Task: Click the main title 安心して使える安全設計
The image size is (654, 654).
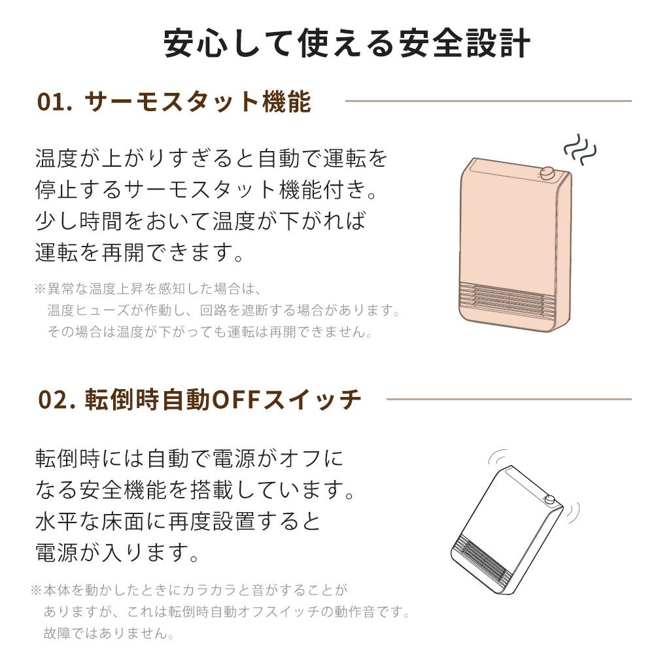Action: coord(347,43)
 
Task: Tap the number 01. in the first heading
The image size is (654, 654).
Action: coord(55,102)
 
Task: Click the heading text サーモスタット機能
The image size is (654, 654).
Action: coord(198,101)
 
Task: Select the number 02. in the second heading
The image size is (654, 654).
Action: coord(57,400)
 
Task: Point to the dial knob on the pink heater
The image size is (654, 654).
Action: coord(546,174)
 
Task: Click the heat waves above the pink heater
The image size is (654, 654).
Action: coord(580,149)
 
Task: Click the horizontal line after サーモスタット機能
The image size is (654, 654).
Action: coord(489,101)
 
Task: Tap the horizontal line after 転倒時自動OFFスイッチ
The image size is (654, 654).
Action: coord(509,399)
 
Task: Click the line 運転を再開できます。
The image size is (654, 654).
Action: coord(139,252)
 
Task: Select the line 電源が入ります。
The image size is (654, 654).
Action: coord(117,553)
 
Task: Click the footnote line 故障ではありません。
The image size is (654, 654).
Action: coord(109,634)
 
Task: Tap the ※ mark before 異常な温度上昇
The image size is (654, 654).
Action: coord(40,288)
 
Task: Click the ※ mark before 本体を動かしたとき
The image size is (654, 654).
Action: coord(36,590)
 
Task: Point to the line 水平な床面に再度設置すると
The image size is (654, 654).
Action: coord(178,521)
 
